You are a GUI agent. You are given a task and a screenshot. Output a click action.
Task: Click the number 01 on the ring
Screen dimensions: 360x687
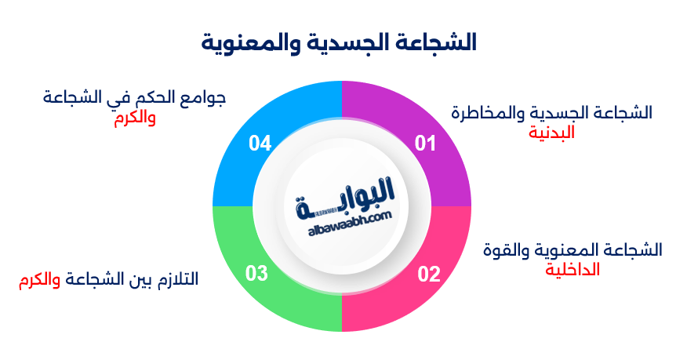[x=425, y=143]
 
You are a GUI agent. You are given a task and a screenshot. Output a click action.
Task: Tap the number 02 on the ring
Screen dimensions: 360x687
[x=428, y=274]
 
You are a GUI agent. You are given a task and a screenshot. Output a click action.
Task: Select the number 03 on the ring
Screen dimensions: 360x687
[x=257, y=274]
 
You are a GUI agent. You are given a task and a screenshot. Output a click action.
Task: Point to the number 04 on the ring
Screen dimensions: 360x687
[x=260, y=143]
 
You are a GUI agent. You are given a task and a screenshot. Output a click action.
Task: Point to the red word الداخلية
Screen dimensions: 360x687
[x=572, y=269]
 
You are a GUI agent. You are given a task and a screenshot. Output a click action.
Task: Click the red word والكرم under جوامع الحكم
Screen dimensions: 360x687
[x=134, y=118]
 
